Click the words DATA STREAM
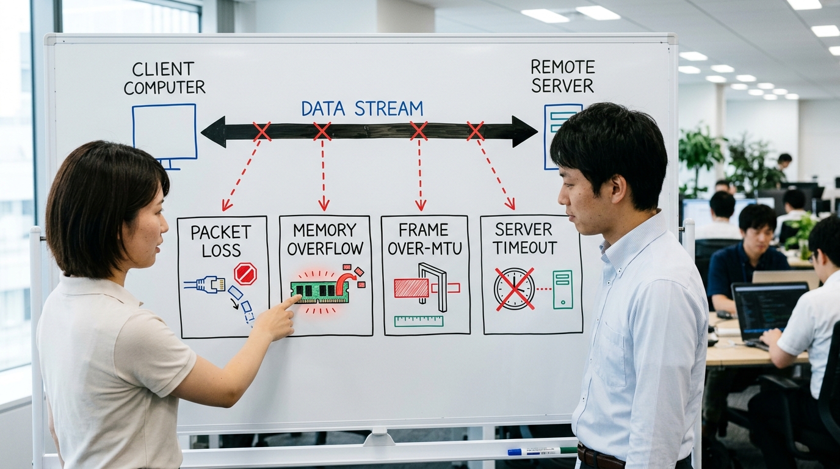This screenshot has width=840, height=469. coord(362,109)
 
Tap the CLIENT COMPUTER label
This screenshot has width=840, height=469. coord(164,78)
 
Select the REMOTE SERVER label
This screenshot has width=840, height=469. coord(562,76)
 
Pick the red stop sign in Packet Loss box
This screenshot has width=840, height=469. coord(245,274)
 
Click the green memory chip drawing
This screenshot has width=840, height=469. coord(320,293)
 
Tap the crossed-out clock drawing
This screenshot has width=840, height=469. coord(514,289)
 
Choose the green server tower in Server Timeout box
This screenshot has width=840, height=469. coord(563,289)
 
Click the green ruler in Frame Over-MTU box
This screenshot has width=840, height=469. coord(419,321)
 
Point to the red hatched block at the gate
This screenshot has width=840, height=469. coord(411,288)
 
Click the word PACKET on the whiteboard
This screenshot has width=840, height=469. coord(220,233)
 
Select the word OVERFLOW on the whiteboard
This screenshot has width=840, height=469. coord(325,249)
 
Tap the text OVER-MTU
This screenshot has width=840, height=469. coord(424,249)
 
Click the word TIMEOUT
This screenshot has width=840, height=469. coord(524,248)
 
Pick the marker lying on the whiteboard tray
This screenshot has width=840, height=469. coord(542,451)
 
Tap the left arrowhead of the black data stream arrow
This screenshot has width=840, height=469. coord(213,132)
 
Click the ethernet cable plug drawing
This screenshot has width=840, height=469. coord(205,285)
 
